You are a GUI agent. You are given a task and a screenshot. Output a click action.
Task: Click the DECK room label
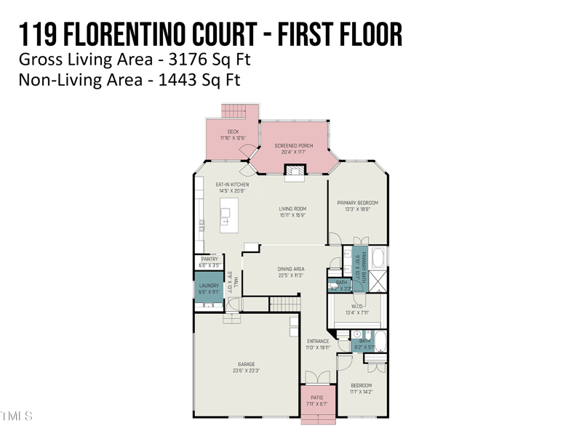[x=232, y=132]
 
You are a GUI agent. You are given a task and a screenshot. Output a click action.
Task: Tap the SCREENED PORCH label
[x=293, y=145]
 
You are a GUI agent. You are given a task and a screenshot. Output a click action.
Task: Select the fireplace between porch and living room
[x=294, y=171]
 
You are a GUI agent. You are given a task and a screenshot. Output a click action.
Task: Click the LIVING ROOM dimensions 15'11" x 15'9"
[x=292, y=215]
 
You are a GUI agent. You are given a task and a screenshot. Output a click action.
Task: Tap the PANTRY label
[x=209, y=259]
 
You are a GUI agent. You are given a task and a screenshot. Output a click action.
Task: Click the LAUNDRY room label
[x=209, y=286]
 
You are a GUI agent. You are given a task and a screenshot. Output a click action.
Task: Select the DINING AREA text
[x=290, y=269]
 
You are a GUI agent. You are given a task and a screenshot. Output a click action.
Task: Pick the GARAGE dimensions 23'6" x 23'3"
[x=247, y=371]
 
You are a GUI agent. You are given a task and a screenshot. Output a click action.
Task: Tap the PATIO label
[x=318, y=397]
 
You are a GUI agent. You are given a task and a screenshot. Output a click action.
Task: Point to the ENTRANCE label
[x=318, y=341]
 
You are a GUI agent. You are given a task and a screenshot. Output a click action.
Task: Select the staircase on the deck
[x=235, y=111]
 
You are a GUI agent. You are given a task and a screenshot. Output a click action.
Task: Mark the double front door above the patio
[x=318, y=377]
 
